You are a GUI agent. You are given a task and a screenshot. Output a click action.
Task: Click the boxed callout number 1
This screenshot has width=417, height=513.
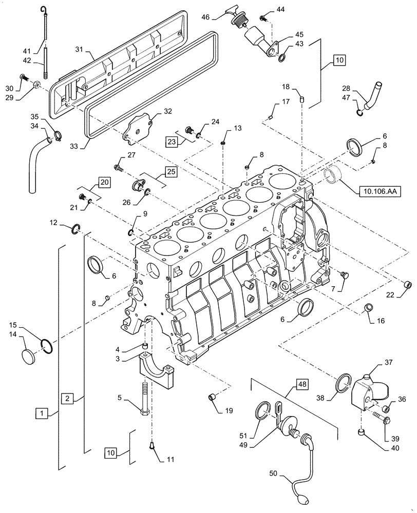click(x=44, y=412)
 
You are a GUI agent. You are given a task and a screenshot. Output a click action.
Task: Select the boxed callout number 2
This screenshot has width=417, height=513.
click(x=68, y=398)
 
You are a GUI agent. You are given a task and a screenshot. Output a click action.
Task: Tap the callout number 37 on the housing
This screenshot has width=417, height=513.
click(x=388, y=363)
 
